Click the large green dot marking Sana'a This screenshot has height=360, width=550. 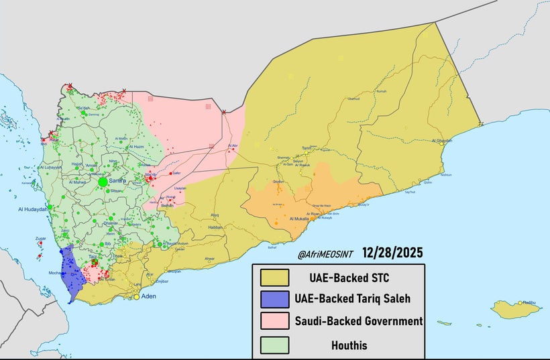coord(103,182)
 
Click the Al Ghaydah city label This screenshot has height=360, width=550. coord(442,141)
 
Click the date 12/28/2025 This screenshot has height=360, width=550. coord(392,255)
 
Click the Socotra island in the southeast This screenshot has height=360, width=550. coord(516,309)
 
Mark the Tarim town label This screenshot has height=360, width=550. coord(307,148)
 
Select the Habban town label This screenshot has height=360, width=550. coord(215,227)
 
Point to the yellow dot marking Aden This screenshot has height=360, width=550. coord(136,296)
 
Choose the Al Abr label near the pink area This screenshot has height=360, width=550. coord(233,145)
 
